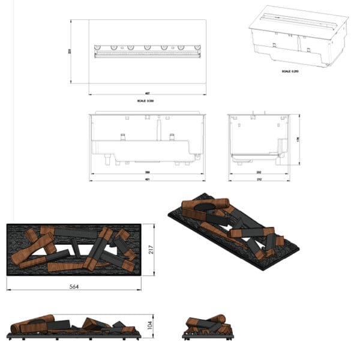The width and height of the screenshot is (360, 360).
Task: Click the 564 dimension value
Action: [74, 286]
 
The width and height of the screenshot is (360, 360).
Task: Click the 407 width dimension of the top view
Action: [148, 94]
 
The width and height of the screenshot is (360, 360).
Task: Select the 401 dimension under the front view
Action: [147, 179]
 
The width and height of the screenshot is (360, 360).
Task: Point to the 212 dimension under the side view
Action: [259, 179]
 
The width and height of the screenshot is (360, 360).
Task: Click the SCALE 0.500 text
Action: [148, 101]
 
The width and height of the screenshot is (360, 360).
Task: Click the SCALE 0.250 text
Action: [290, 71]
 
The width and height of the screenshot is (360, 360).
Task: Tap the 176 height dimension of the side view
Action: [298, 139]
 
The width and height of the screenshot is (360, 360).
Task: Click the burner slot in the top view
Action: [147, 53]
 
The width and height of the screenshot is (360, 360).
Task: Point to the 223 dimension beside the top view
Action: [70, 52]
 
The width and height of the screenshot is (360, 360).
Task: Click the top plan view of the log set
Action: [74, 250]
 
